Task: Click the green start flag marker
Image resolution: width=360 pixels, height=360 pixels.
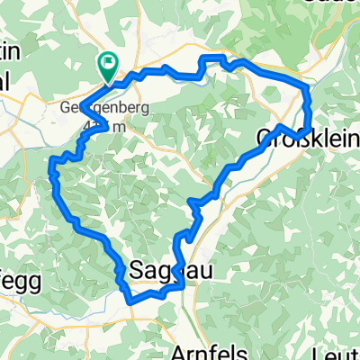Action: point(107,63)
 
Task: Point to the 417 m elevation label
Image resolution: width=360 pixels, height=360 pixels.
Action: point(94,125)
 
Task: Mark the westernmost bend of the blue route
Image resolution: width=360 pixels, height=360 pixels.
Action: point(51,164)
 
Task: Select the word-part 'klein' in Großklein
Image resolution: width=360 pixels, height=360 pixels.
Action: point(331,137)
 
